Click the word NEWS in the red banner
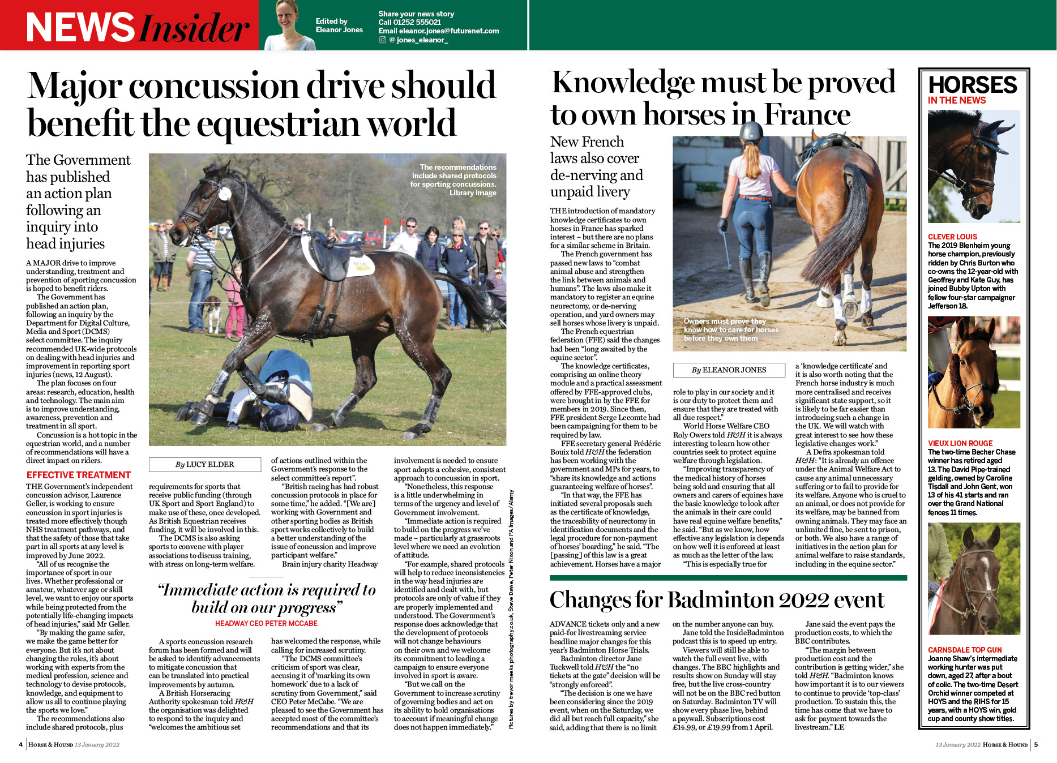click(x=80, y=27)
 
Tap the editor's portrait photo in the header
click(x=290, y=25)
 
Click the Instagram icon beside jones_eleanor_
click(x=383, y=40)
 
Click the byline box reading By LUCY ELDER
click(x=204, y=465)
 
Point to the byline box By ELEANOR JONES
click(x=729, y=370)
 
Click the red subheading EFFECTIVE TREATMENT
click(x=79, y=475)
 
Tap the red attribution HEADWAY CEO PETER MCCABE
click(x=266, y=623)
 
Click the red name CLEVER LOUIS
click(x=952, y=237)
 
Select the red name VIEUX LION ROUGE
click(x=960, y=443)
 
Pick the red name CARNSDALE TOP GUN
click(x=965, y=650)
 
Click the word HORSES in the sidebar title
click(x=973, y=85)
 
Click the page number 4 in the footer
click(x=21, y=744)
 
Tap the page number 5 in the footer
click(x=1036, y=744)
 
